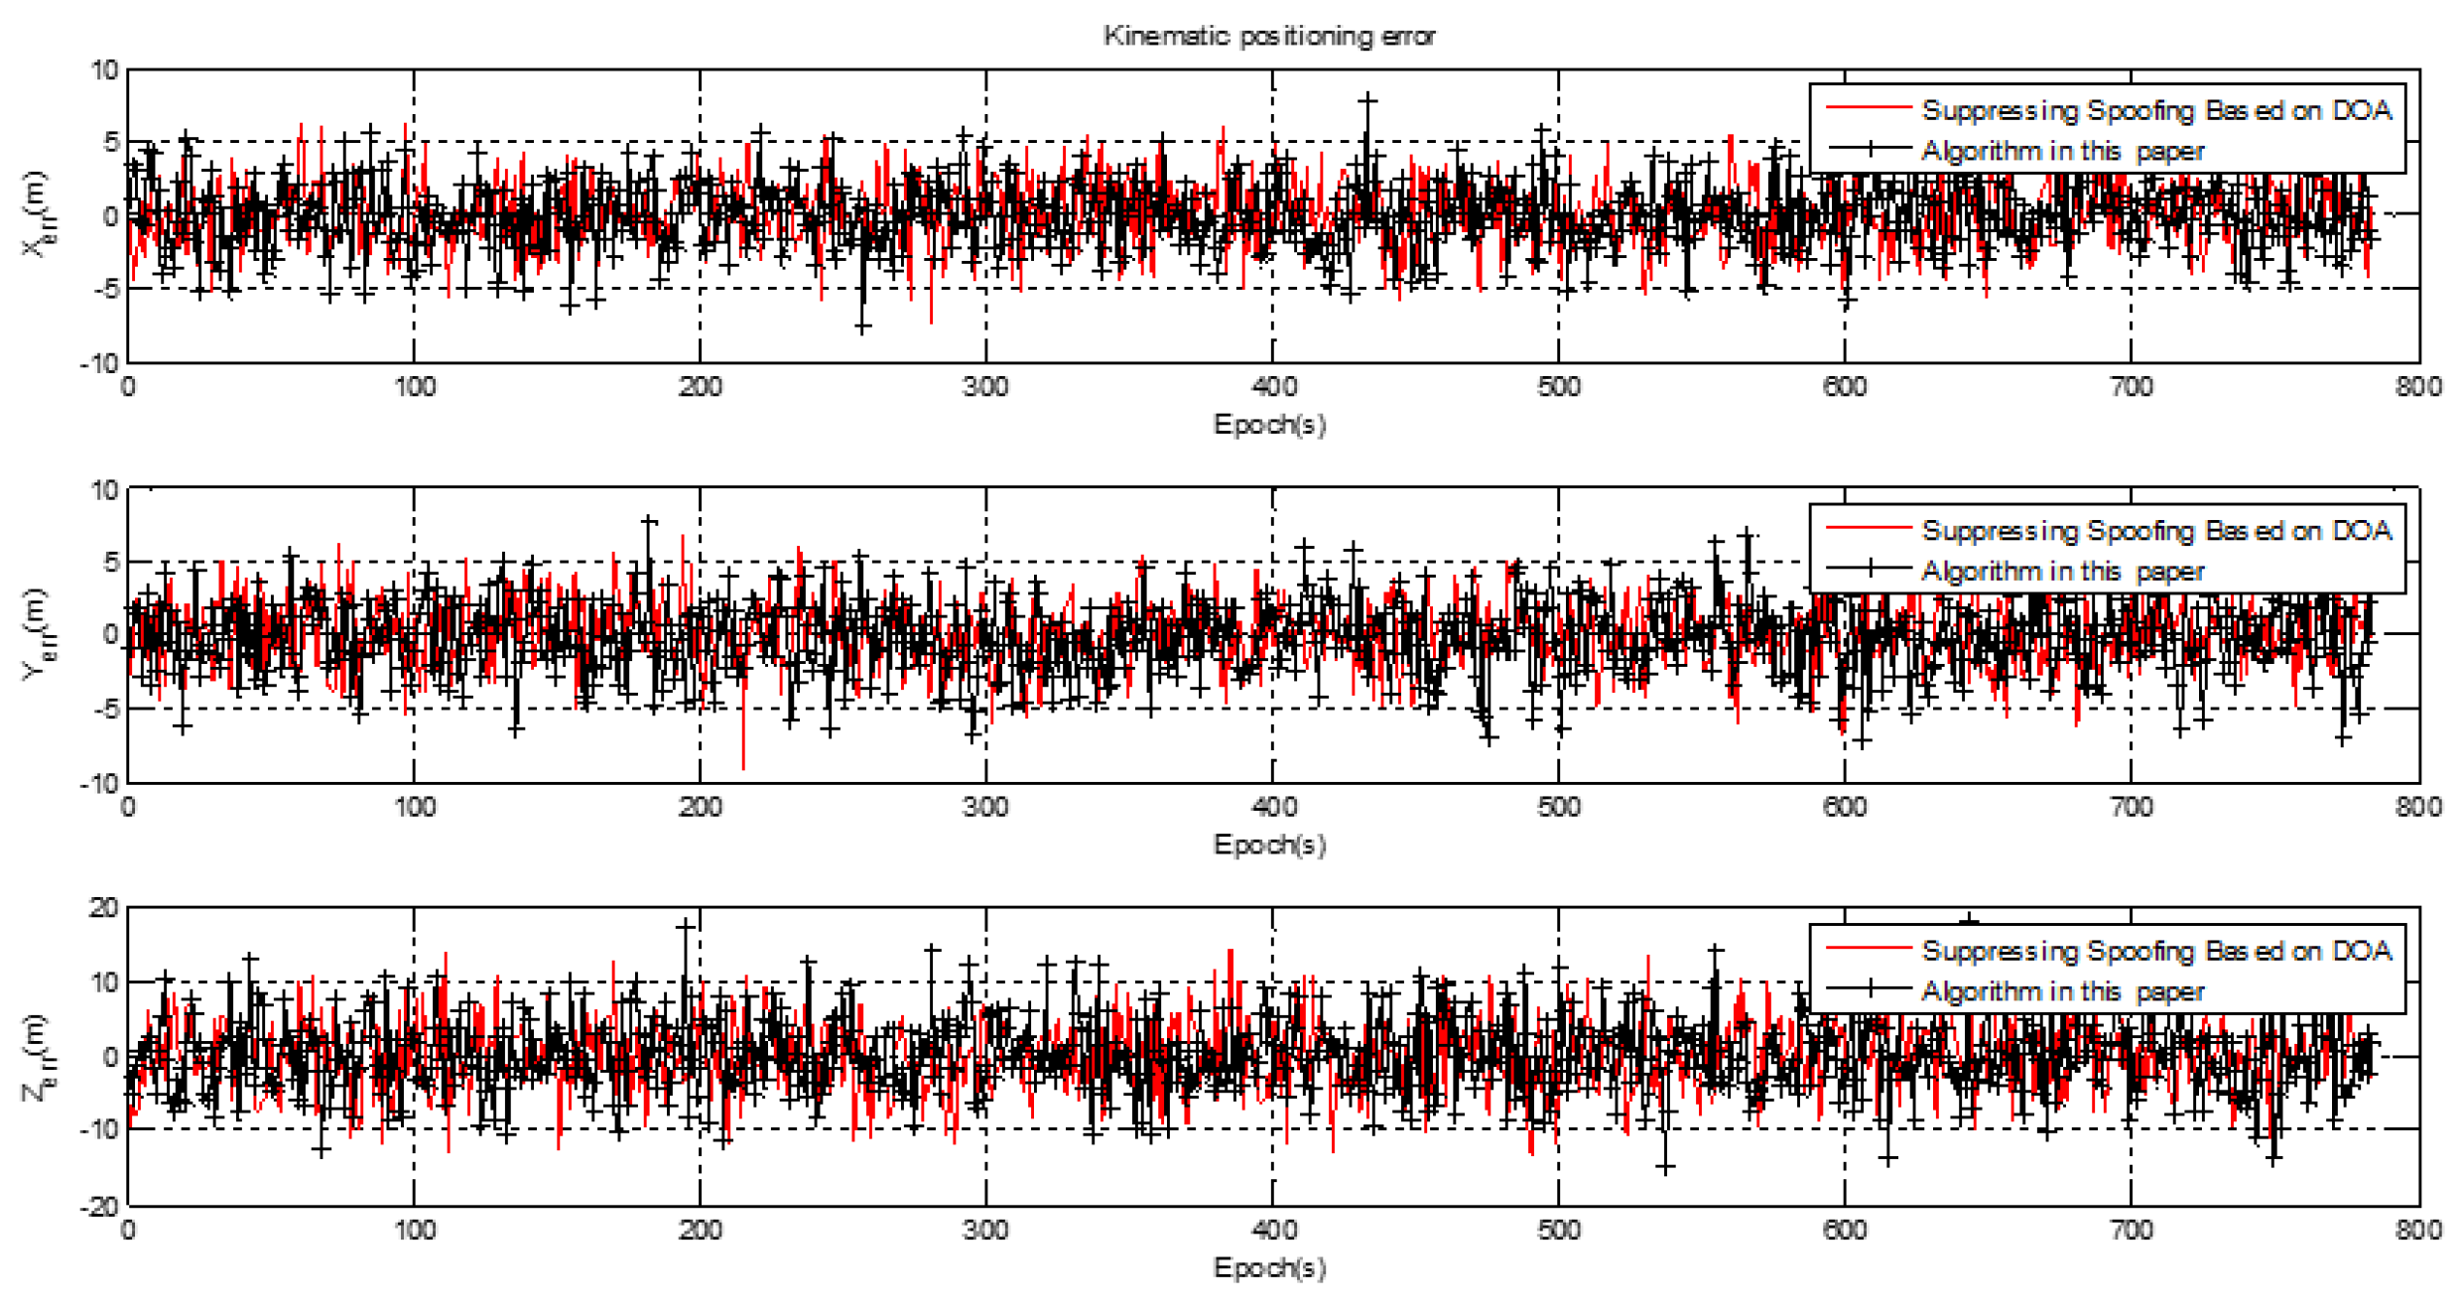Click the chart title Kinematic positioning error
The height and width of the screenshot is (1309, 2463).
tap(1269, 36)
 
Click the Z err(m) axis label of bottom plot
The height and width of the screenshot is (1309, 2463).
tap(37, 1058)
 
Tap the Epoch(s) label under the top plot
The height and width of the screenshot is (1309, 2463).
tap(1269, 425)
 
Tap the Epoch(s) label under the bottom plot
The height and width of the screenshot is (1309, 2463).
tap(1269, 1267)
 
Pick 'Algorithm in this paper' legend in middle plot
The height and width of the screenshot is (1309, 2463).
tap(2061, 572)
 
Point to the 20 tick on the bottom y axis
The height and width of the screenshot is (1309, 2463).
tap(103, 908)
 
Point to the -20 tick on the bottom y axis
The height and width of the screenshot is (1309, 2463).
tap(98, 1207)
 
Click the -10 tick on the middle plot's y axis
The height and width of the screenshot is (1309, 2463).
tap(100, 784)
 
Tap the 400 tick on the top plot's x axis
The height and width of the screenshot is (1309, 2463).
tap(1273, 387)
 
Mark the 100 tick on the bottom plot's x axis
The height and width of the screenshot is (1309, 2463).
tap(414, 1231)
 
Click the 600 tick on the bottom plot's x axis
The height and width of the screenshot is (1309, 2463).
tap(1845, 1231)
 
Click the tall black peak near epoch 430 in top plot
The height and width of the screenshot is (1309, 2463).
tap(1367, 100)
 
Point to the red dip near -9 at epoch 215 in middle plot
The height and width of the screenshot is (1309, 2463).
tap(743, 767)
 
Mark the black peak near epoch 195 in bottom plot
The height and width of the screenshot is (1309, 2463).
tap(686, 926)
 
